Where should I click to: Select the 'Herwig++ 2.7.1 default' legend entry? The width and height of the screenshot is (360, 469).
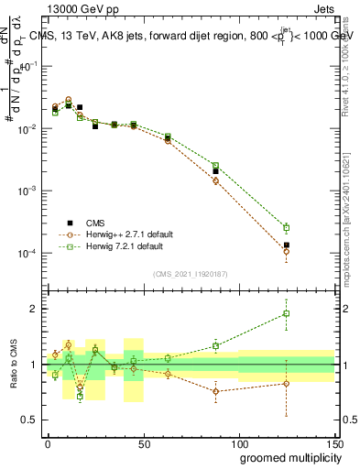pyautogui.click(x=119, y=234)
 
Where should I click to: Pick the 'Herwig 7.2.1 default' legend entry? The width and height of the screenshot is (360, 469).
pyautogui.click(x=116, y=246)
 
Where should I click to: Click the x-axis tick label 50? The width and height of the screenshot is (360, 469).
pyautogui.click(x=144, y=442)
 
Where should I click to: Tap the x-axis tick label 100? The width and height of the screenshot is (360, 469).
pyautogui.click(x=239, y=442)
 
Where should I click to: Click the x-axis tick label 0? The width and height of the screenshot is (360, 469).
pyautogui.click(x=49, y=442)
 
